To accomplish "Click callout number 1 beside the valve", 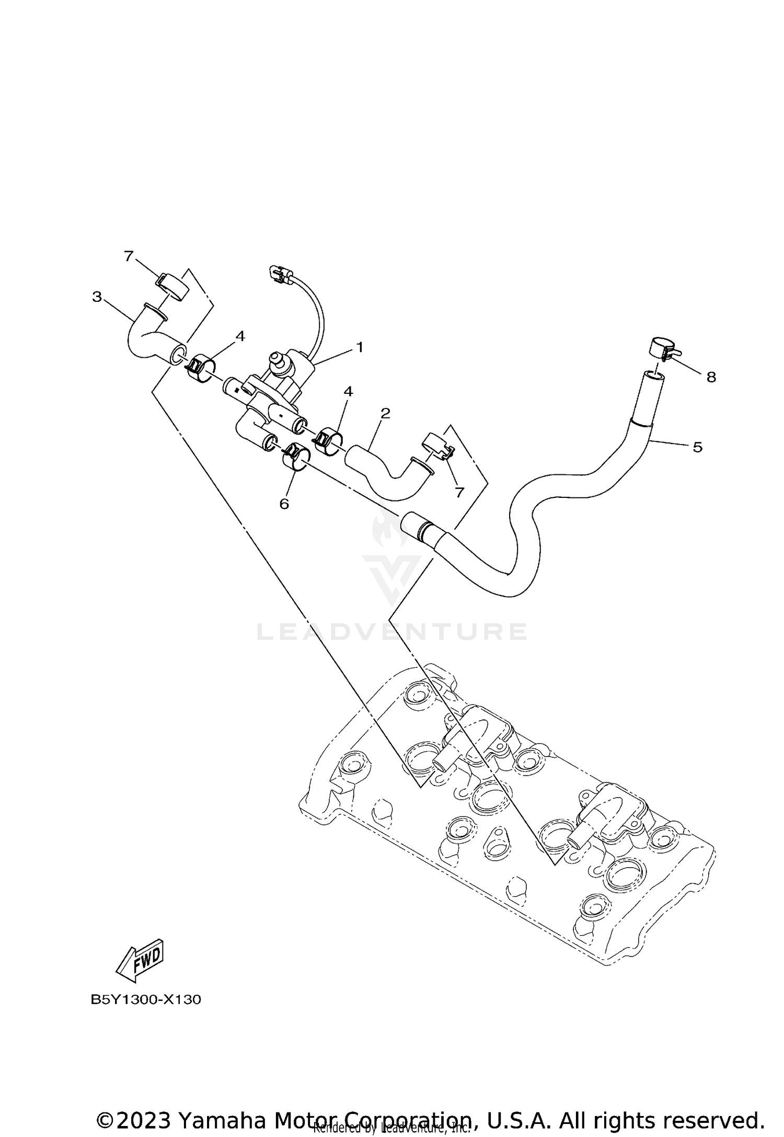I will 360,347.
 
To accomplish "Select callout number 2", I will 386,413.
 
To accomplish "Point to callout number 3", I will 97,297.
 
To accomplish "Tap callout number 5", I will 697,447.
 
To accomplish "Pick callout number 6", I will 284,503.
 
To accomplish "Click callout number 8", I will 711,377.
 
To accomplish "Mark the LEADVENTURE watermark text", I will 392,632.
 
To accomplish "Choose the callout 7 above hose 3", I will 129,256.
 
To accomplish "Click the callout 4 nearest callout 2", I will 348,391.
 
